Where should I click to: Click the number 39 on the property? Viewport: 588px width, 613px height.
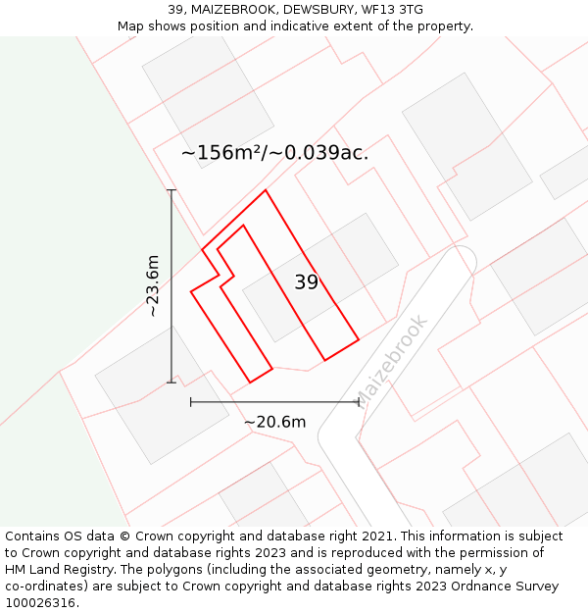pyautogui.click(x=306, y=282)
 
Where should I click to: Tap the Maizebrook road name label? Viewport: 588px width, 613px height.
pyautogui.click(x=391, y=359)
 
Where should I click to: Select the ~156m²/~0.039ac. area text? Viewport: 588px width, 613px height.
pyautogui.click(x=275, y=153)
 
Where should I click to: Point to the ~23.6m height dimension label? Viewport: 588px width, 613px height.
pyautogui.click(x=153, y=285)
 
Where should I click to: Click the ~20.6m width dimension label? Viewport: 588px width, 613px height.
pyautogui.click(x=274, y=422)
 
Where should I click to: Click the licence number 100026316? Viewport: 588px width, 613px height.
pyautogui.click(x=41, y=603)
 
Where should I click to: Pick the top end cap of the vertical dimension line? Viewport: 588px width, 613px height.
pyautogui.click(x=171, y=190)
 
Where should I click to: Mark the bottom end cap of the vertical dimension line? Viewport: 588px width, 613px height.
pyautogui.click(x=171, y=382)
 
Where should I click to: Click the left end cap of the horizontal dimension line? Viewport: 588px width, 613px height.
pyautogui.click(x=191, y=401)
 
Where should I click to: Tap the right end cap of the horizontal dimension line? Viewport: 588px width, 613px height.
pyautogui.click(x=359, y=401)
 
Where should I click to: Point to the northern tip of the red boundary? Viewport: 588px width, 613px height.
pyautogui.click(x=266, y=190)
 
